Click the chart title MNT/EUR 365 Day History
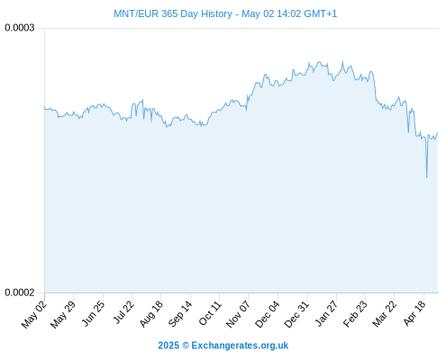(173, 13)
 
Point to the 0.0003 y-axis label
(20, 28)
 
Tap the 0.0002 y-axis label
(20, 292)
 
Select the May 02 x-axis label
(34, 314)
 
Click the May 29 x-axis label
(63, 314)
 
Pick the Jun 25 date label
(94, 313)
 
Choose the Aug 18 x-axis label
(151, 314)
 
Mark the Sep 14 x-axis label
(180, 314)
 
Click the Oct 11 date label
(210, 313)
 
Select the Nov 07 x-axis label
(238, 314)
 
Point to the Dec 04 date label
(268, 314)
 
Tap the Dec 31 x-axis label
(296, 314)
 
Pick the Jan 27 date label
(326, 313)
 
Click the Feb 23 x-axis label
(355, 314)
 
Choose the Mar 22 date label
(385, 314)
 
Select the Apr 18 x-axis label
(414, 313)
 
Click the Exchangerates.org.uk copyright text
(223, 346)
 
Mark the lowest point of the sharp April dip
(426, 177)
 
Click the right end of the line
(438, 132)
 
